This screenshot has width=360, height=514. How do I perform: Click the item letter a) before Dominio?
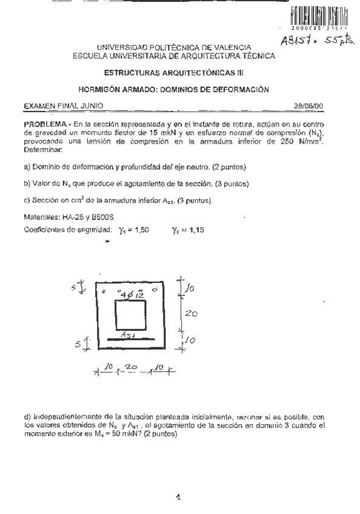[x=27, y=167]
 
